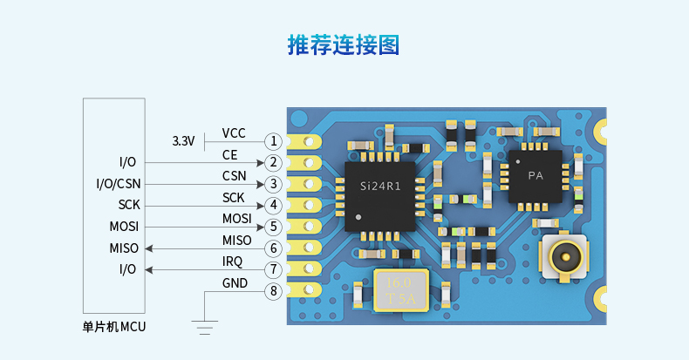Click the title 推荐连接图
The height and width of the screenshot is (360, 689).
(x=344, y=45)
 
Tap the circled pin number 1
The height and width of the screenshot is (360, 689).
(x=274, y=141)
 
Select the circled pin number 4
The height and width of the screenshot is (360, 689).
(x=274, y=206)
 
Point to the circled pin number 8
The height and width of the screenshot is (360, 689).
(x=274, y=291)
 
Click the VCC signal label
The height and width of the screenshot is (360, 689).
(x=234, y=133)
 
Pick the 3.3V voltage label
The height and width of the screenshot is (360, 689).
(x=183, y=140)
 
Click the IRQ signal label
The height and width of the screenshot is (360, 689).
(x=233, y=262)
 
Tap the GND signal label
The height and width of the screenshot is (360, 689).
(x=235, y=283)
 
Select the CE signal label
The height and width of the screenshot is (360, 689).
(x=230, y=154)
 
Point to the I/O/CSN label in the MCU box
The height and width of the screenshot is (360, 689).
(x=118, y=183)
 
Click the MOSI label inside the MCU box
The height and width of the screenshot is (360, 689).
(x=124, y=227)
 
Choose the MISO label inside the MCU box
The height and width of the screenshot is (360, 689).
(x=124, y=248)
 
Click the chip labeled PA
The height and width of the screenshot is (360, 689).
(x=536, y=175)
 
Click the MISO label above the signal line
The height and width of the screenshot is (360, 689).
(x=236, y=241)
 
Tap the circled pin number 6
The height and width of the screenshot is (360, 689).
(x=274, y=248)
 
